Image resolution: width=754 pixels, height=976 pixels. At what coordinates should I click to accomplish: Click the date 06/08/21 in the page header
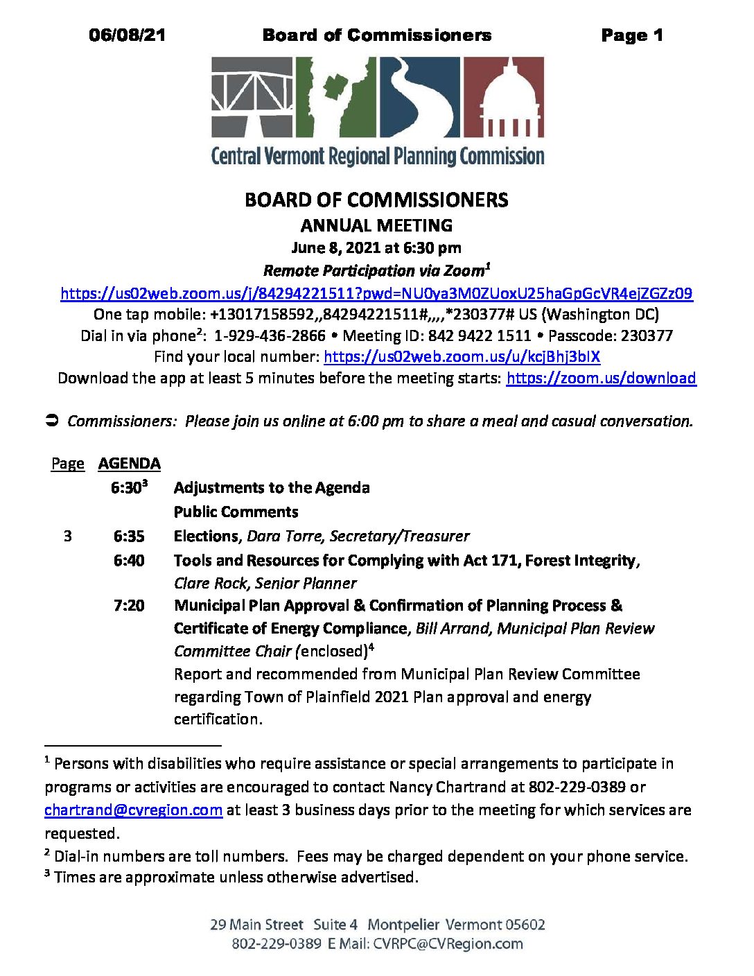pyautogui.click(x=128, y=35)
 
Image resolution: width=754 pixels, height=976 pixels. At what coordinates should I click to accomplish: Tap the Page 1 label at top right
pyautogui.click(x=631, y=35)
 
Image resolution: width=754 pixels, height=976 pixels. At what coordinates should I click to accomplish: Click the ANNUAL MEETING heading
pyautogui.click(x=376, y=225)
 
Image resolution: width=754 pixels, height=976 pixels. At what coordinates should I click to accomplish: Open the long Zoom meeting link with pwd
pyautogui.click(x=376, y=293)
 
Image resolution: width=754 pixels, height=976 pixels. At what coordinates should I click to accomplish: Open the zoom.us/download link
pyautogui.click(x=601, y=378)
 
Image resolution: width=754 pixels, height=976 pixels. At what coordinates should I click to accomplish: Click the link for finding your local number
pyautogui.click(x=462, y=356)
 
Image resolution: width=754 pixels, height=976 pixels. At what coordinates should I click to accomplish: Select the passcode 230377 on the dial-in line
pyautogui.click(x=647, y=335)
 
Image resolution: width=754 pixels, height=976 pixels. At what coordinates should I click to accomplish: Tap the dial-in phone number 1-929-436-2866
pyautogui.click(x=270, y=335)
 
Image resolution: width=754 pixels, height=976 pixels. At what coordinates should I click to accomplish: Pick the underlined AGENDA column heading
pyautogui.click(x=130, y=463)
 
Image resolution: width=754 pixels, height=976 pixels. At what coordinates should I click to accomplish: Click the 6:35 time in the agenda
pyautogui.click(x=129, y=536)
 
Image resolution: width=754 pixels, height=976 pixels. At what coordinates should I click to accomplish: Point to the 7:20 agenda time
pyautogui.click(x=129, y=605)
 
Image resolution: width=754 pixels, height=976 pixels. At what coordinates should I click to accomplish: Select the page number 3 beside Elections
pyautogui.click(x=67, y=536)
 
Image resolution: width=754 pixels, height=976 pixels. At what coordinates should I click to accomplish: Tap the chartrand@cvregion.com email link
pyautogui.click(x=134, y=810)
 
